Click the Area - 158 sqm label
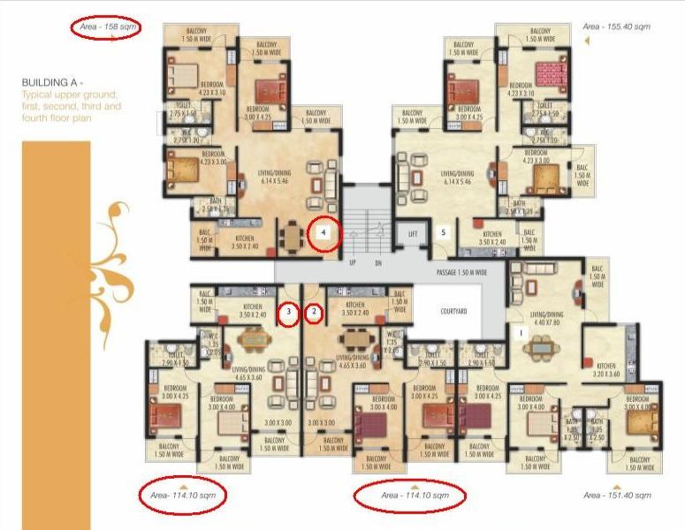(105, 27)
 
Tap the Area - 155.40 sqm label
(616, 27)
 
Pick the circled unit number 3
(288, 312)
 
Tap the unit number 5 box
(445, 233)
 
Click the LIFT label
(411, 234)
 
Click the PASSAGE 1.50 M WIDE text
(462, 273)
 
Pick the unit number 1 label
(522, 333)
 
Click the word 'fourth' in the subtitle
(39, 117)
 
